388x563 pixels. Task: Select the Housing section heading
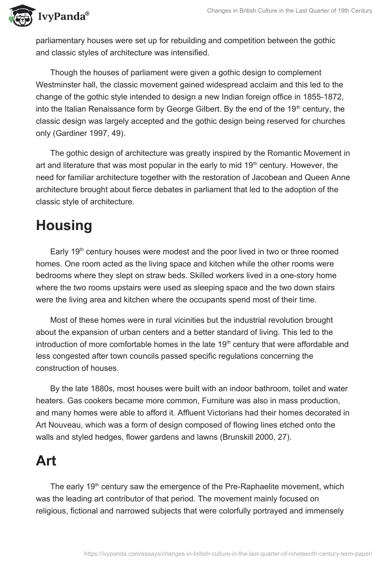(x=64, y=225)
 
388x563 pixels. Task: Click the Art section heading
(x=46, y=461)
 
